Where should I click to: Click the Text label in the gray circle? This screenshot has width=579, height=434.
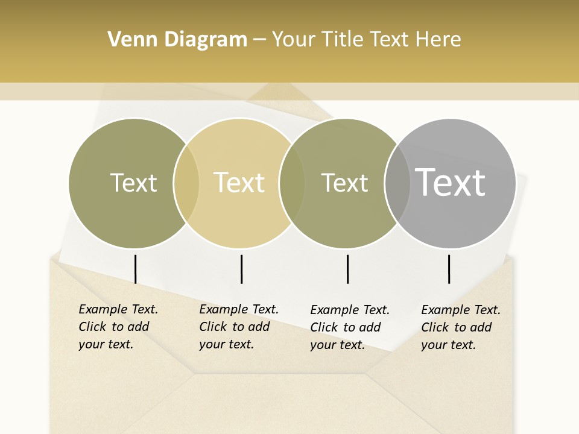click(451, 182)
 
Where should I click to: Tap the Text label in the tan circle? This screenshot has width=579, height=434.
click(239, 183)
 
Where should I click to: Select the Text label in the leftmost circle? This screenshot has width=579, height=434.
click(133, 183)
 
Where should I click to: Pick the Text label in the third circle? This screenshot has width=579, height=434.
click(344, 183)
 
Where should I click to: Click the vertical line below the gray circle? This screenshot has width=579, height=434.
click(449, 269)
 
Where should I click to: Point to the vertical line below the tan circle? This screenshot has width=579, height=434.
click(241, 269)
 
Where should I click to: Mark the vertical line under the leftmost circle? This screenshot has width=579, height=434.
click(136, 269)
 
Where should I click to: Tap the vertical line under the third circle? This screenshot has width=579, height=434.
click(348, 269)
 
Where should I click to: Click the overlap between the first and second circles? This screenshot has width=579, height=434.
click(186, 183)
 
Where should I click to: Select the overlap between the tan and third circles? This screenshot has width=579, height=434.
click(292, 183)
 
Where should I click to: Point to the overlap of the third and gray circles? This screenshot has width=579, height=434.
click(397, 183)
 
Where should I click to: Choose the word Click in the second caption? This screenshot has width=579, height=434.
click(213, 327)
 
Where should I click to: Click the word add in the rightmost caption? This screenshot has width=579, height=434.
click(481, 327)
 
